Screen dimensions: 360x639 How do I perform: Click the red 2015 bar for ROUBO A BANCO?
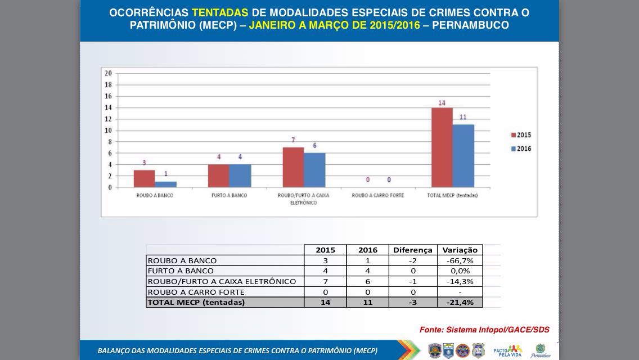(x=144, y=178)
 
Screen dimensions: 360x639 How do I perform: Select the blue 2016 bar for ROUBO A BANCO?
(x=165, y=184)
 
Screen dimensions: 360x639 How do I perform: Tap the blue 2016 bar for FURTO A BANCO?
(x=240, y=175)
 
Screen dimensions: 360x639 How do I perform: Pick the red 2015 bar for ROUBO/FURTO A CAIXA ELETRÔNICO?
(x=293, y=167)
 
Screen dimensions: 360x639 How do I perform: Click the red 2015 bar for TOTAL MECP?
(x=442, y=147)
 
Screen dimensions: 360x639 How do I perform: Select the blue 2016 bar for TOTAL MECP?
(x=463, y=156)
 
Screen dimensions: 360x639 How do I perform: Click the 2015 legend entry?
(x=521, y=135)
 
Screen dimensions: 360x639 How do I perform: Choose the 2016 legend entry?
(x=521, y=148)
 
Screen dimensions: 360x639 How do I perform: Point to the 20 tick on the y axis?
(x=108, y=73)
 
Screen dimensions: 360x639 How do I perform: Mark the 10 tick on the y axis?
(x=108, y=130)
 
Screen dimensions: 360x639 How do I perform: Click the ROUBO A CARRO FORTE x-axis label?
(x=378, y=196)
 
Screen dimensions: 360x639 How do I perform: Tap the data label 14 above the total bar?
(x=442, y=103)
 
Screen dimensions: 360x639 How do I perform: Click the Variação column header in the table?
(x=460, y=250)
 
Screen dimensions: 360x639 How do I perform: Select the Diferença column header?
(x=413, y=250)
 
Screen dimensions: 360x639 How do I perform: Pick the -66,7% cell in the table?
(x=460, y=260)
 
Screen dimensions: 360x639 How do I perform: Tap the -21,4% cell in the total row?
(x=460, y=302)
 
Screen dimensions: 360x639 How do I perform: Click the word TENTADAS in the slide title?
(x=219, y=12)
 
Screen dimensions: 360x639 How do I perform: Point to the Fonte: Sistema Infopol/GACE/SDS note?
(x=484, y=330)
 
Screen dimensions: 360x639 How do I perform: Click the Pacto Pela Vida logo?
(x=507, y=350)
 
